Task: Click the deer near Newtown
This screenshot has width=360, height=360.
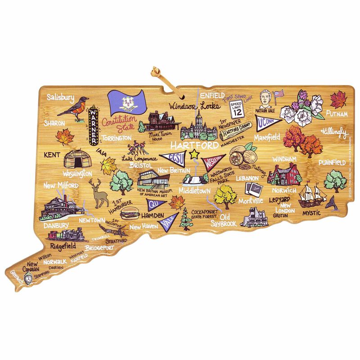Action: [x=98, y=192]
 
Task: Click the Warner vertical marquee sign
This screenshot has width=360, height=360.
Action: [x=94, y=124]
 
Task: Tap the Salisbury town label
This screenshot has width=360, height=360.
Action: [x=62, y=97]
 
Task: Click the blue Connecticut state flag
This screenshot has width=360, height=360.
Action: [x=125, y=103]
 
